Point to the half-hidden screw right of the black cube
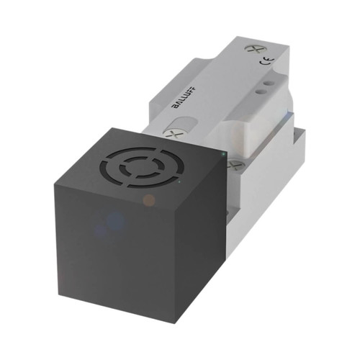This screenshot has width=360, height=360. click(x=233, y=164)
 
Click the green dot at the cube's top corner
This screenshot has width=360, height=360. click(x=225, y=153)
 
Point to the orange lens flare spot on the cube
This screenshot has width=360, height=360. click(x=148, y=199)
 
